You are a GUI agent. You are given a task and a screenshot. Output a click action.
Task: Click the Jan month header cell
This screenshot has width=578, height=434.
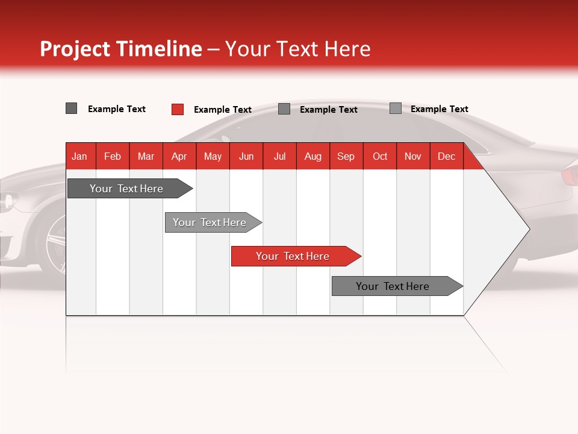80,156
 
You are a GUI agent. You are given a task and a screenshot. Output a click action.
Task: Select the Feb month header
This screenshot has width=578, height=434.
113,156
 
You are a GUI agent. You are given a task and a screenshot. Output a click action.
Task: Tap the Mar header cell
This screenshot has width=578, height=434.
146,156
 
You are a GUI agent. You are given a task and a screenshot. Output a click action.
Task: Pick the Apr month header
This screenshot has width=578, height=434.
179,156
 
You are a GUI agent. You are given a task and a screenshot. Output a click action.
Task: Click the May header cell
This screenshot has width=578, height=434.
213,156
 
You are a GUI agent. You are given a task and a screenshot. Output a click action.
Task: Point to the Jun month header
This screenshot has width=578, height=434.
246,156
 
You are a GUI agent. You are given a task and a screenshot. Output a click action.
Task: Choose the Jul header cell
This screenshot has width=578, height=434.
279,156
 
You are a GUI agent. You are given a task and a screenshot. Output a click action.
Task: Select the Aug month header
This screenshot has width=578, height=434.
313,156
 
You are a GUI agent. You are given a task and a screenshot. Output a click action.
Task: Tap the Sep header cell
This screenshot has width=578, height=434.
346,156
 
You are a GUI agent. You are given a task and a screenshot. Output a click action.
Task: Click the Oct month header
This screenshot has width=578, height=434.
380,156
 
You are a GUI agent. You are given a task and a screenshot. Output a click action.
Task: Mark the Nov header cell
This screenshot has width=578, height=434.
413,156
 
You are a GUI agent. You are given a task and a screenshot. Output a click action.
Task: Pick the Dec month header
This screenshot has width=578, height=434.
447,156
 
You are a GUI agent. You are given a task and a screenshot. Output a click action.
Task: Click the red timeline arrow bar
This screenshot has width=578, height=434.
293,256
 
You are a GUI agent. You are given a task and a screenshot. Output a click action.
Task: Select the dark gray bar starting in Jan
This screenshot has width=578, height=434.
127,189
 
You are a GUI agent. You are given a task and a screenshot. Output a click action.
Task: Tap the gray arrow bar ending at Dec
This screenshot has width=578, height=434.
393,286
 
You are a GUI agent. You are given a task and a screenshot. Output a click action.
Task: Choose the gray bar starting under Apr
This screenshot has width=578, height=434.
210,222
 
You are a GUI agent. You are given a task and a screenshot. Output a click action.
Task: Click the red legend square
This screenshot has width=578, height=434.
178,109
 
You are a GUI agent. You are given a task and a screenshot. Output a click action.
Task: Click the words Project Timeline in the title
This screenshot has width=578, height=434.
121,49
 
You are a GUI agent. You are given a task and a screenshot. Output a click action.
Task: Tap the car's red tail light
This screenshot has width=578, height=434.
570,175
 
